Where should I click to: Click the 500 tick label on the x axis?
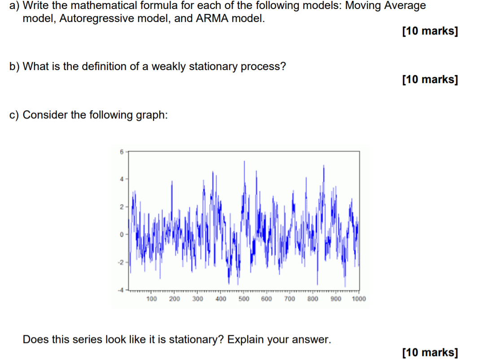[244, 299]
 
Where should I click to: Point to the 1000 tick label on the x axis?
[359, 299]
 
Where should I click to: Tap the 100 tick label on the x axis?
[152, 299]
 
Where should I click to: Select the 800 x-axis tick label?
[313, 299]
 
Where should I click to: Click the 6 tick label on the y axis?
[121, 152]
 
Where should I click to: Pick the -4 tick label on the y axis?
[120, 290]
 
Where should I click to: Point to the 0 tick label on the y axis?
[121, 234]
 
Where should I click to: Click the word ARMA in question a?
[212, 18]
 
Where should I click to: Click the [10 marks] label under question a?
[430, 31]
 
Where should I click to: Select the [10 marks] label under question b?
[430, 79]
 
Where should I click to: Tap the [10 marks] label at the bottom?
[430, 352]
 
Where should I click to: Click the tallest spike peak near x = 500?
[244, 161]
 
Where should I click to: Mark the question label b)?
[14, 66]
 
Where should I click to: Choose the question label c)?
[14, 115]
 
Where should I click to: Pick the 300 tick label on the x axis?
[197, 299]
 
